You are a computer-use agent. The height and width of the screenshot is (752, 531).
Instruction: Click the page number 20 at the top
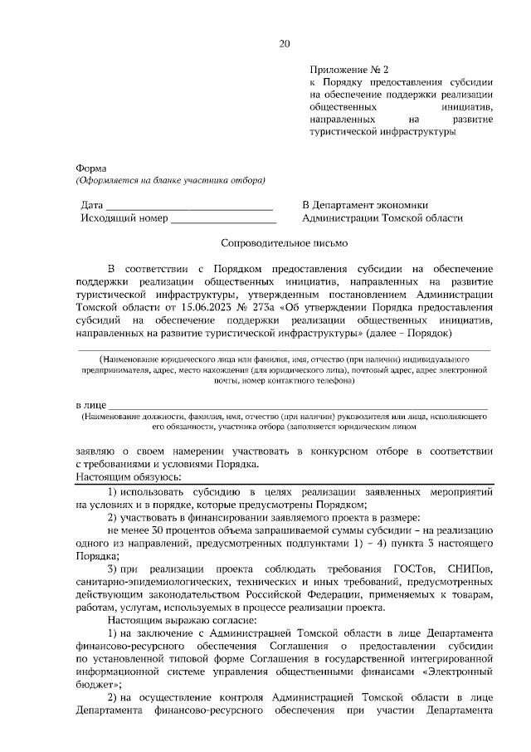tap(285, 44)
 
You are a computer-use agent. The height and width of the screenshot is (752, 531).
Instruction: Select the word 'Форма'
tap(91, 168)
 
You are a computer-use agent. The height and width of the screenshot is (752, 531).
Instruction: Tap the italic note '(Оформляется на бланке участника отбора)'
tap(170, 180)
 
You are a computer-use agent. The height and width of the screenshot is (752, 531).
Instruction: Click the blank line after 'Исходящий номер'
tap(223, 218)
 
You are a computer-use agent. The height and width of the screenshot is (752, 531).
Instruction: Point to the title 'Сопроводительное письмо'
tap(285, 243)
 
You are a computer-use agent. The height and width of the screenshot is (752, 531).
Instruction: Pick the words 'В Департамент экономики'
tap(365, 205)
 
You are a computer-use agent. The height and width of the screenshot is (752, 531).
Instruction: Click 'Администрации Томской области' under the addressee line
tap(382, 218)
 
